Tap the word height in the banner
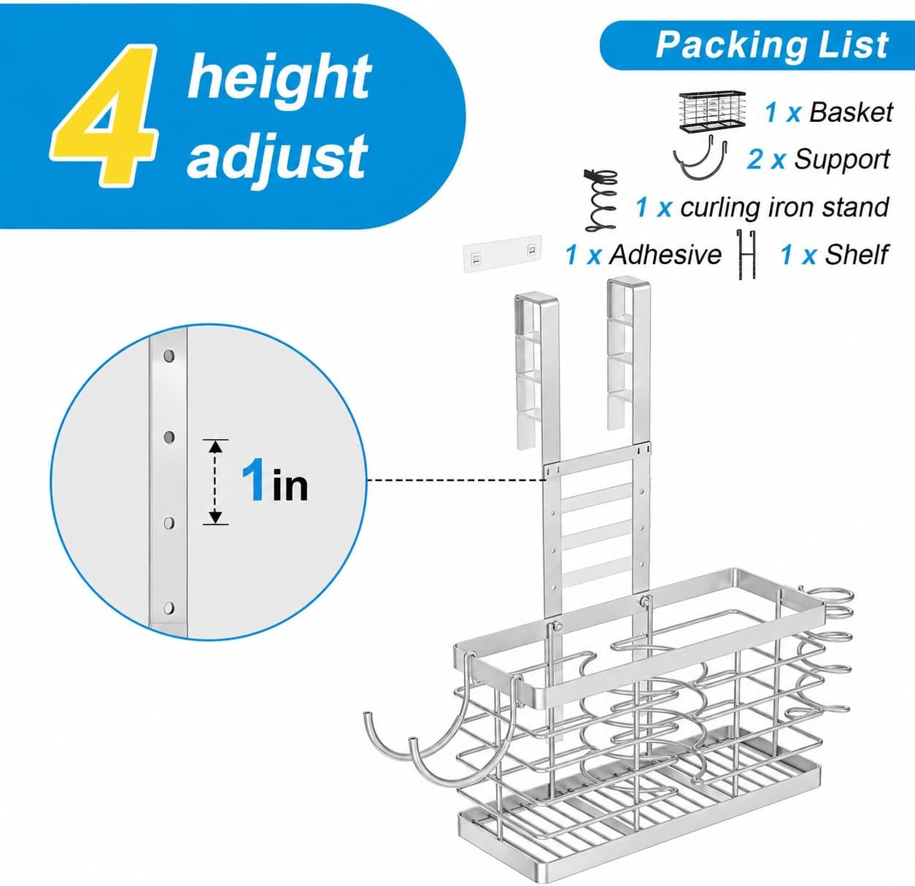point(279,76)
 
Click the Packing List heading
point(771,46)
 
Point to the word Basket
point(851,113)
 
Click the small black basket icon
point(712,111)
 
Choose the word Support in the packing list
point(842,159)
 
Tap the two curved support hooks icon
point(700,158)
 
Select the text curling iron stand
point(784,207)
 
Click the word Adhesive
point(665,255)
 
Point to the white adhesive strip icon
point(502,255)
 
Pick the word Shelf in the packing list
point(856,255)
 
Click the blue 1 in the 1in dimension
point(252,479)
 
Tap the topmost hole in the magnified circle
point(169,356)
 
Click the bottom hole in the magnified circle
point(169,609)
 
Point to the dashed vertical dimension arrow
point(216,482)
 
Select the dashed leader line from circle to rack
point(456,480)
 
